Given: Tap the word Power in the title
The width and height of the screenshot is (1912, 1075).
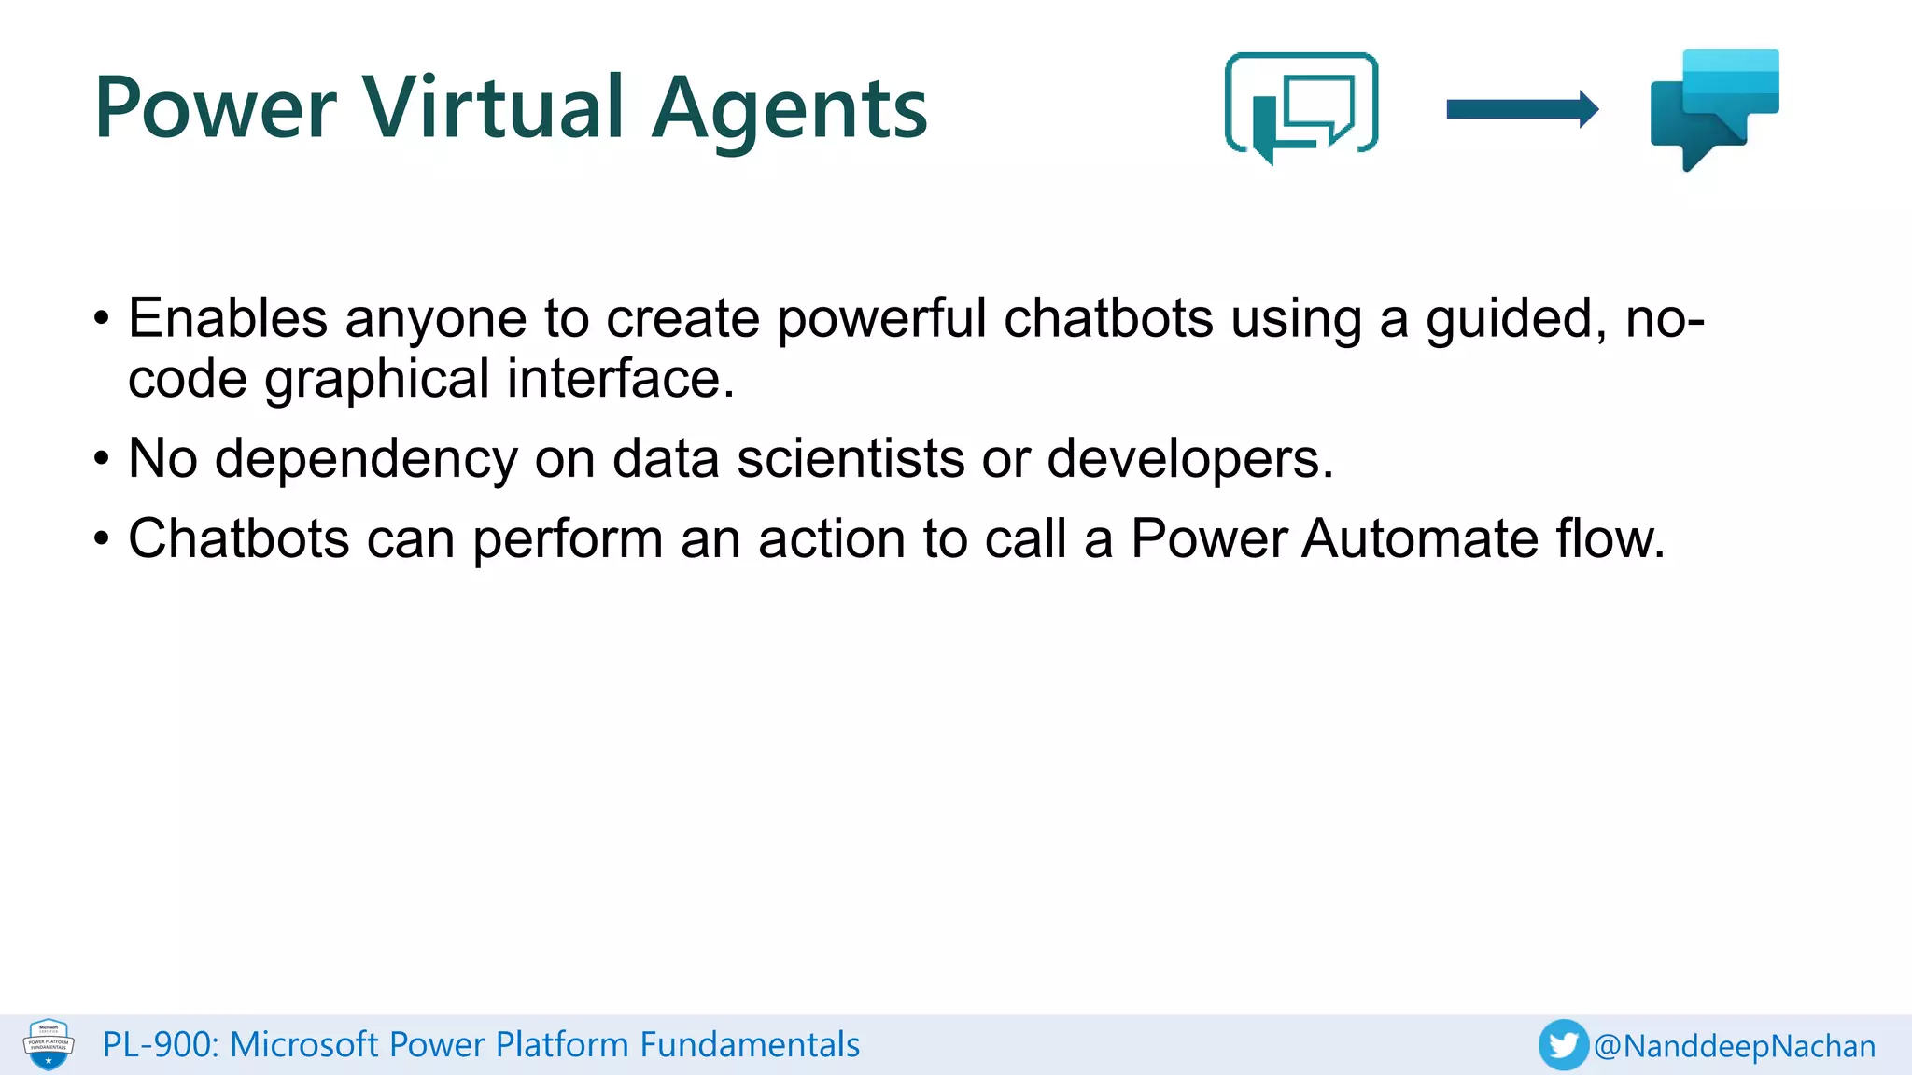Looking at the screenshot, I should [x=215, y=108].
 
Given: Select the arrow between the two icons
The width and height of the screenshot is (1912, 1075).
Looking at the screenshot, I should [x=1522, y=109].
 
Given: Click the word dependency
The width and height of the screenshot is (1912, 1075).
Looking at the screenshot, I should [x=365, y=460].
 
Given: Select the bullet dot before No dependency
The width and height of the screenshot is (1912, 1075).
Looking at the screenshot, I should [x=102, y=459].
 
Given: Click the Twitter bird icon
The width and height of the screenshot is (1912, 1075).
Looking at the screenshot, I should [x=1563, y=1045].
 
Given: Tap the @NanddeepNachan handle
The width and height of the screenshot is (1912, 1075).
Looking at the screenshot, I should [x=1735, y=1046].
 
